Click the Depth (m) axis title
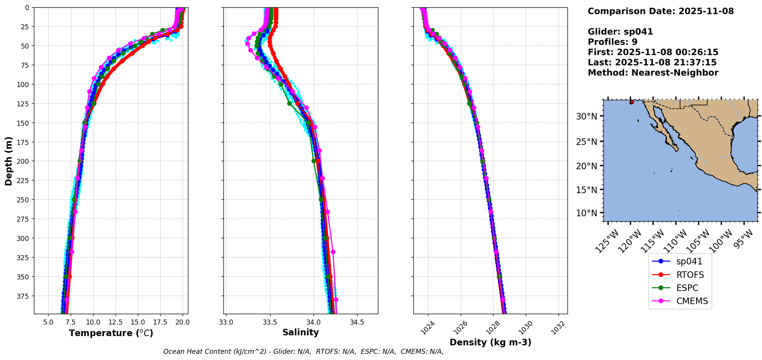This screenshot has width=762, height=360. point(8,161)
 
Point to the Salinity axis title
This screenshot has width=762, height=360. point(300,333)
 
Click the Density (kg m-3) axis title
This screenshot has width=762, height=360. point(490,342)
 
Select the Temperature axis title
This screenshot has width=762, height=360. point(111,333)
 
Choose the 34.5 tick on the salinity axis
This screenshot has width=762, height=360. point(357,322)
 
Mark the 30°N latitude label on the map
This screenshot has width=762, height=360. point(586,116)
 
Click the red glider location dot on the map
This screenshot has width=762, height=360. point(631,102)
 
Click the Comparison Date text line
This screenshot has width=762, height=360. point(661,11)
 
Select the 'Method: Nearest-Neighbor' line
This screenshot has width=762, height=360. point(653,73)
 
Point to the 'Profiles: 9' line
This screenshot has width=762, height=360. point(613,42)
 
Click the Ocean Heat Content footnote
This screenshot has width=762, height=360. point(303,352)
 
